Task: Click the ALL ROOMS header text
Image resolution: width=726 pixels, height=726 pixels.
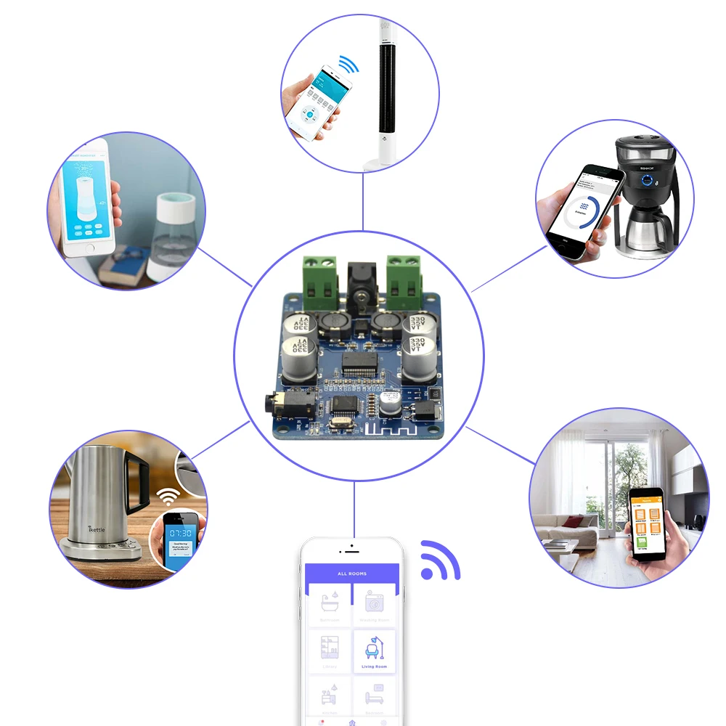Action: tap(352, 574)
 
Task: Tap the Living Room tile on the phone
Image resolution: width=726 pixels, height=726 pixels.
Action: tap(374, 651)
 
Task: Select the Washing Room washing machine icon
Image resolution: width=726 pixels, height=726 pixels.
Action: tap(375, 602)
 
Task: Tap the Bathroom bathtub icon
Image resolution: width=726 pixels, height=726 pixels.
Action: tap(330, 602)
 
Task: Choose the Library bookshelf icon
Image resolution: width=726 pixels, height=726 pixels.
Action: tap(330, 646)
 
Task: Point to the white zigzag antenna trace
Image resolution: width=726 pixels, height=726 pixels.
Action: tap(388, 428)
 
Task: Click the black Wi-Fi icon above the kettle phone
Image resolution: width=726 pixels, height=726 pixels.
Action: tap(168, 497)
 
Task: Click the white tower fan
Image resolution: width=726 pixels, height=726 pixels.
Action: tap(385, 87)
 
